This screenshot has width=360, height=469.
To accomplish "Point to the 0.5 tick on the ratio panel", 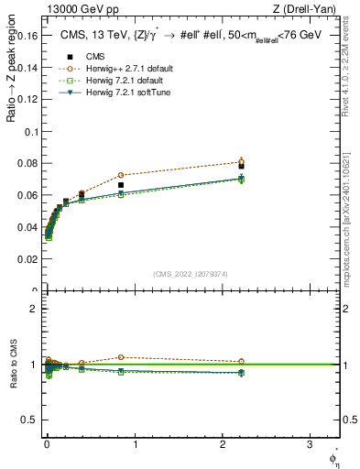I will [31, 420].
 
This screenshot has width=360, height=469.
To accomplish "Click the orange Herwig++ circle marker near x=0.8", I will [120, 175].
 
